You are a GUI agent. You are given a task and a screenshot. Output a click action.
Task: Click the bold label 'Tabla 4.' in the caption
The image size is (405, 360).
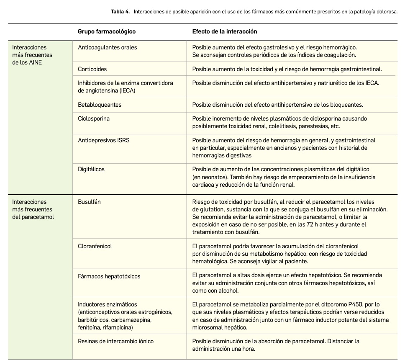tap(120, 12)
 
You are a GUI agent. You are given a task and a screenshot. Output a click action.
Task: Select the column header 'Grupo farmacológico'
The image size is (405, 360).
tap(107, 31)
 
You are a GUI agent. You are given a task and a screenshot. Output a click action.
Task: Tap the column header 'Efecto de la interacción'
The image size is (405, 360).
tap(224, 31)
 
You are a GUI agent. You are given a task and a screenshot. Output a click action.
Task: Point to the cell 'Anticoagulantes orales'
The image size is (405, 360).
tap(108, 47)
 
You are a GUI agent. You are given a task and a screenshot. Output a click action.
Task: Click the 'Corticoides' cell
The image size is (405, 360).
tap(92, 69)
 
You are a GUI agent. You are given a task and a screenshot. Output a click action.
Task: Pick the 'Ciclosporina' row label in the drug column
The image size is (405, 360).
tap(94, 118)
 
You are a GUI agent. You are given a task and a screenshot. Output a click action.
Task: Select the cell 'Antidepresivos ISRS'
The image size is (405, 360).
tap(104, 140)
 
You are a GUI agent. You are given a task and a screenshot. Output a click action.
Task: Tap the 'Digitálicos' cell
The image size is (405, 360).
tap(91, 169)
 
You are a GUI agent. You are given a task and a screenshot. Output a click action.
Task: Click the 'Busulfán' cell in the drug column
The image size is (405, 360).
tap(89, 202)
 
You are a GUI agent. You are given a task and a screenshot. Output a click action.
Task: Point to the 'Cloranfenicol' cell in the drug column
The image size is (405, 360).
tap(95, 246)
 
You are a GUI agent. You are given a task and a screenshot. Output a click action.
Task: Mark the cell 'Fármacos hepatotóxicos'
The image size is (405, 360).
tap(109, 276)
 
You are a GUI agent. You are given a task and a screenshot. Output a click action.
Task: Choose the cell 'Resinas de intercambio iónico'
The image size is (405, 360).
tap(115, 341)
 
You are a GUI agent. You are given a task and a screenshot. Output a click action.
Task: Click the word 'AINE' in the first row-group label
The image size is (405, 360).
tap(36, 62)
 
